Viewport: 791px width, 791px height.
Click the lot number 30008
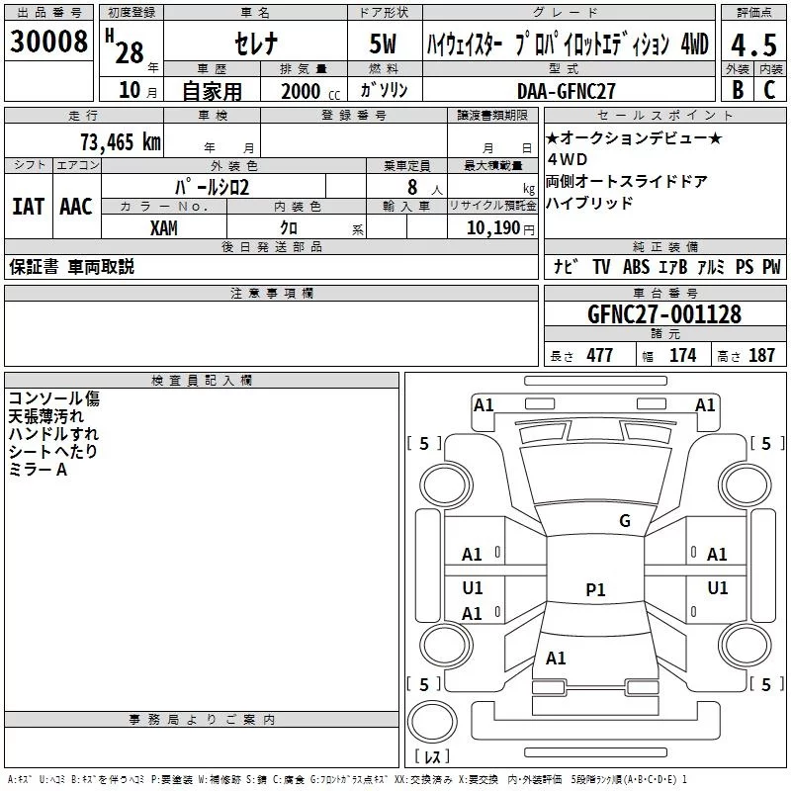(x=50, y=43)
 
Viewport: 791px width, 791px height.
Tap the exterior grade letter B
(x=737, y=90)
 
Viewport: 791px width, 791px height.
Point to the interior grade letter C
(x=770, y=90)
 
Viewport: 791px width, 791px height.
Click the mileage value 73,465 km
(x=120, y=141)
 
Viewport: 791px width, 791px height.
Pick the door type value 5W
(x=384, y=44)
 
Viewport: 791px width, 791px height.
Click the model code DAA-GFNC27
(x=567, y=91)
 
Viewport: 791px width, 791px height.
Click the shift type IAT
(x=28, y=207)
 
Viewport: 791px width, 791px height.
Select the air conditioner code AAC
(x=75, y=207)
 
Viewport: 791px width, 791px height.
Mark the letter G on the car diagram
(x=624, y=521)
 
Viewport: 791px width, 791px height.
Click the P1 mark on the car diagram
(x=595, y=590)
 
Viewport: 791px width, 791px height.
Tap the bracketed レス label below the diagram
(x=432, y=757)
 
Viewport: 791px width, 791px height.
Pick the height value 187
(x=761, y=356)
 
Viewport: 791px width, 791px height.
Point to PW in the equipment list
(x=771, y=267)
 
